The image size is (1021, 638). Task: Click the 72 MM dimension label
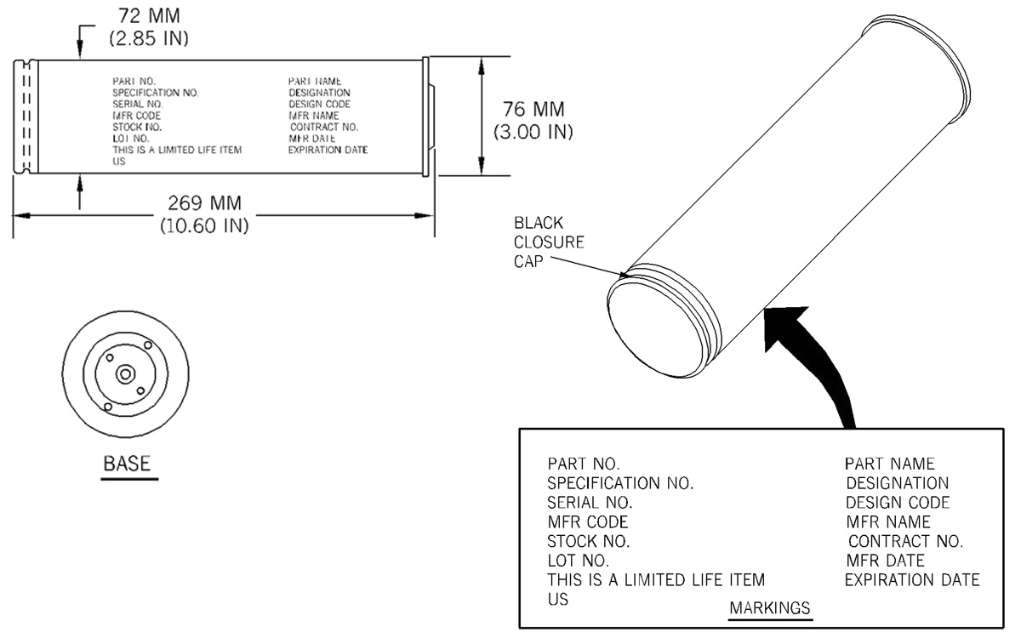[x=149, y=16]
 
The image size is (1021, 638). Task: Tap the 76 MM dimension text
[x=533, y=110]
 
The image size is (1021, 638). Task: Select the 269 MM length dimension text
[x=204, y=203]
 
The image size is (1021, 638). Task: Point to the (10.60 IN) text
[x=204, y=225]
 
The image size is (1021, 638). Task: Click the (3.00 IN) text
[x=533, y=132]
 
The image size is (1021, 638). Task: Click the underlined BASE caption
[x=127, y=464]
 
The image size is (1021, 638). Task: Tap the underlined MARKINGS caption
[x=770, y=608]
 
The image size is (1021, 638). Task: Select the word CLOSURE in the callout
[x=549, y=242]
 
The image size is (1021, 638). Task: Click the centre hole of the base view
[x=125, y=374]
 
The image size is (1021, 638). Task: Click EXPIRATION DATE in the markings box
[x=912, y=579]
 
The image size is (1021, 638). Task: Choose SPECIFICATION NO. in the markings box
[x=620, y=483]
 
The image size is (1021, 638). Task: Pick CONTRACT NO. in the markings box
[x=905, y=541]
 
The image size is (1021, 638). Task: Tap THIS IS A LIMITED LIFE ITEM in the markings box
[x=656, y=579]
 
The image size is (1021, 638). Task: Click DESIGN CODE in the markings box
[x=898, y=502]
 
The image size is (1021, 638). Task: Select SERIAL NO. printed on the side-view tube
[x=138, y=105]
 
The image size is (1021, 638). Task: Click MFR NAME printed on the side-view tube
[x=314, y=116]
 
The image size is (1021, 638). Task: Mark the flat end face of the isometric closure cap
[x=655, y=330]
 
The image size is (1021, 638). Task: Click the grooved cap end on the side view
[x=26, y=117]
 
